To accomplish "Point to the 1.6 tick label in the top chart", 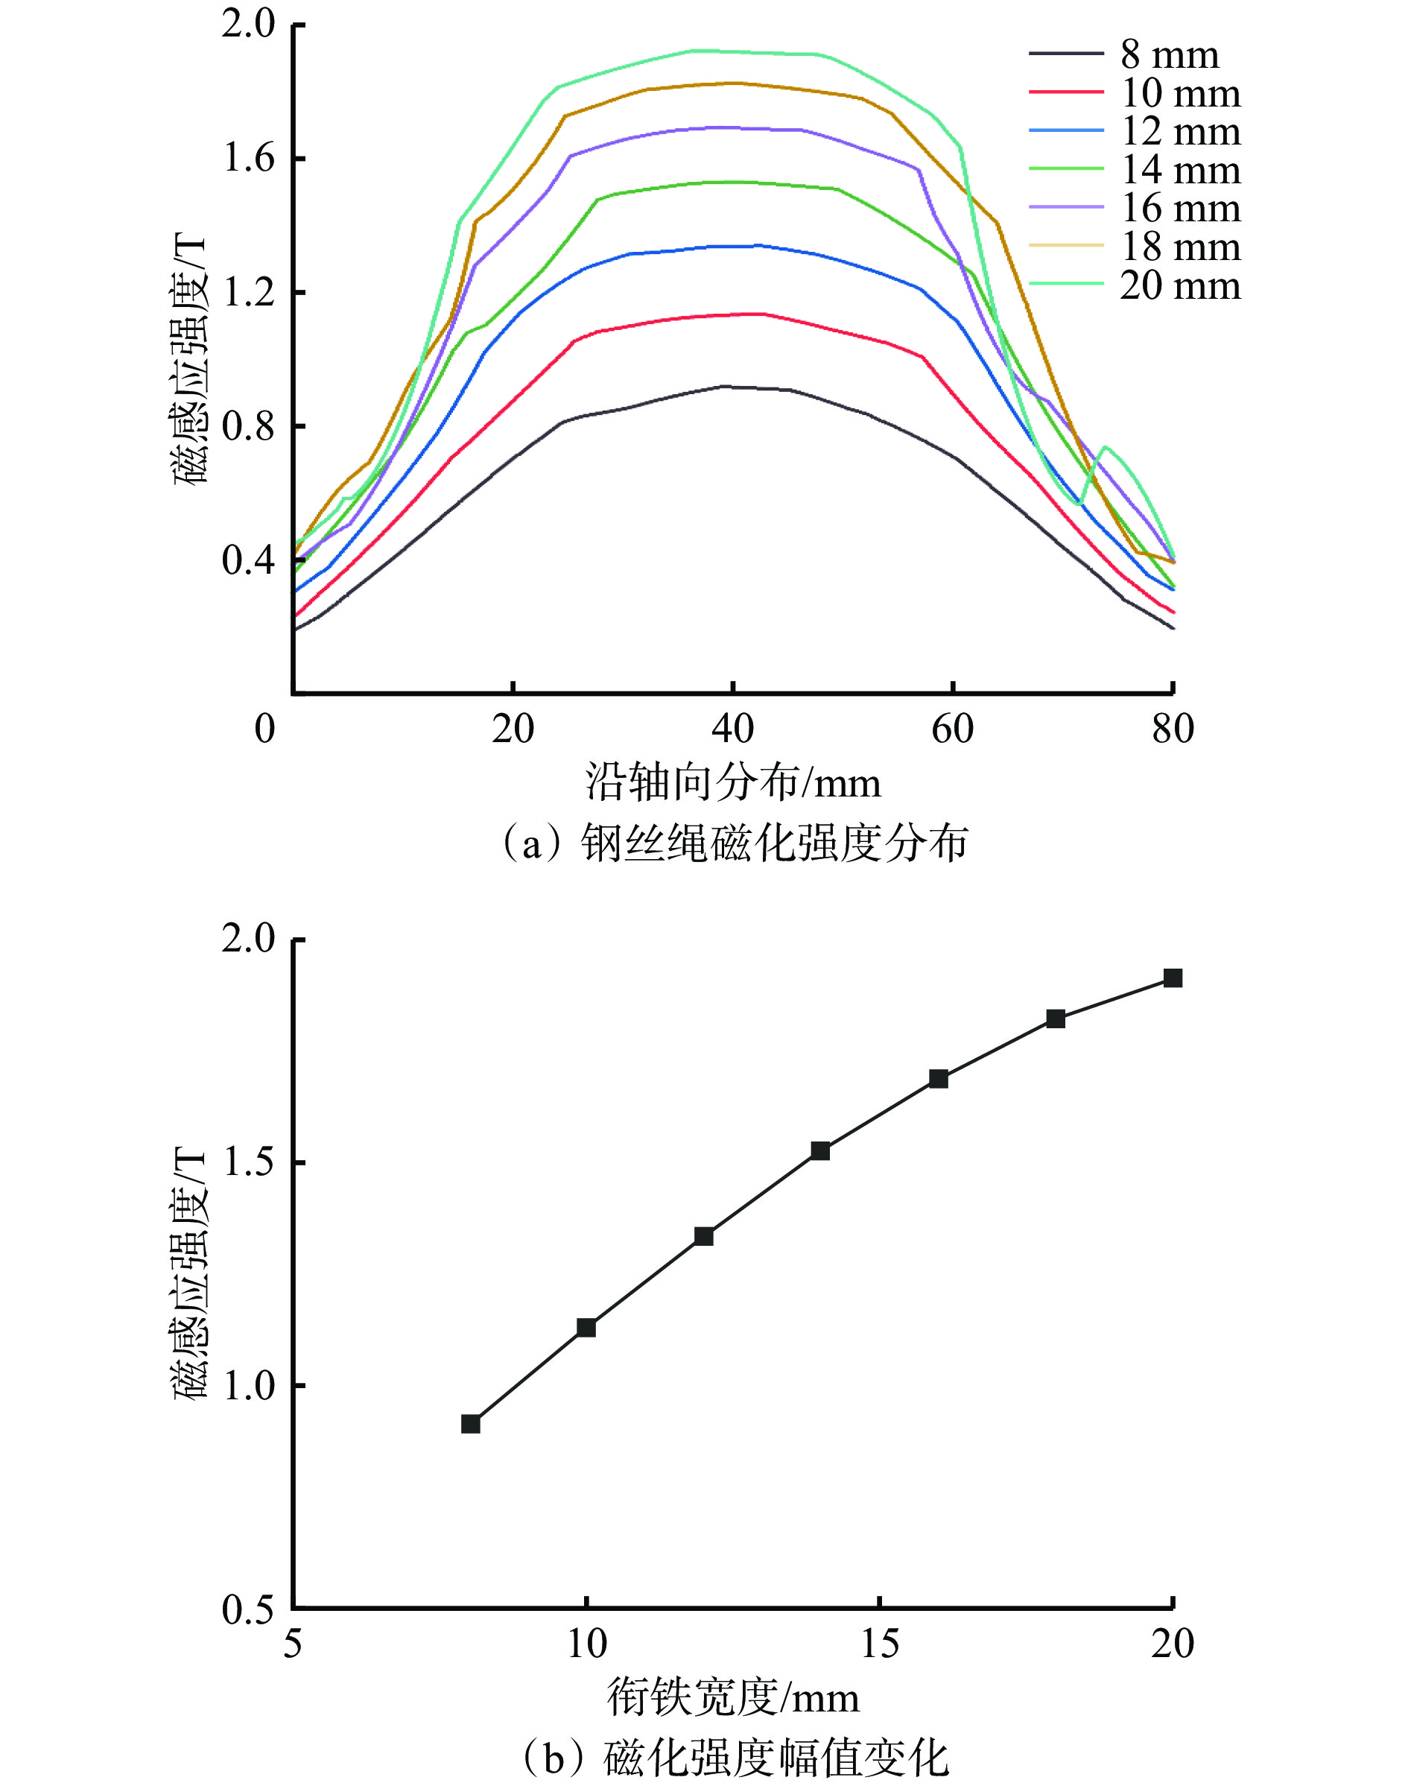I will (248, 157).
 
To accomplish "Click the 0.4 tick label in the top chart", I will (248, 560).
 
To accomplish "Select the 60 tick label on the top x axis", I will (952, 729).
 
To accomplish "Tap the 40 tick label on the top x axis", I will (732, 729).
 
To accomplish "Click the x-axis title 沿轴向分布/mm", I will (732, 782).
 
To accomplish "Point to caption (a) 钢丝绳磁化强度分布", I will (732, 843).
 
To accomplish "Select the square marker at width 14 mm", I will (820, 1151).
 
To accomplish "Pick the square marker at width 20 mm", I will (1173, 978).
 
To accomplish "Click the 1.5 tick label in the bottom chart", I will (248, 1162).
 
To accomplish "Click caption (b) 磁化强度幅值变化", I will (732, 1758).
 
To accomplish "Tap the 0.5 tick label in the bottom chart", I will (248, 1609).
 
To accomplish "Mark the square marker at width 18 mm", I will (1055, 1019).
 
